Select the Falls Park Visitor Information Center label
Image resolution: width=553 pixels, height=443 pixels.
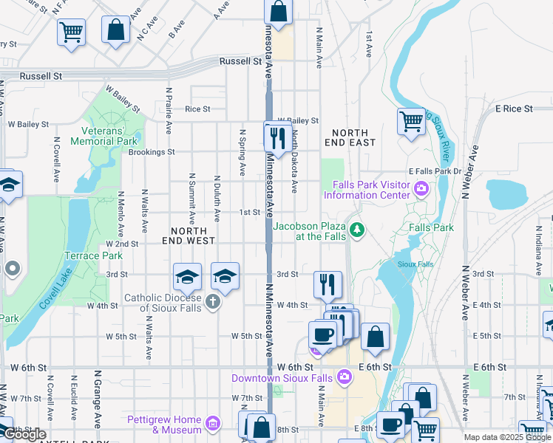366,190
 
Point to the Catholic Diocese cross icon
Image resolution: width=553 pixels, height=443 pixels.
213,301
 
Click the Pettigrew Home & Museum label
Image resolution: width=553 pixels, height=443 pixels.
164,425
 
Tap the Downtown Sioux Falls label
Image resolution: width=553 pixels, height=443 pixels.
282,378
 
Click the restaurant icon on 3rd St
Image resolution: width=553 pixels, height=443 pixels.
328,283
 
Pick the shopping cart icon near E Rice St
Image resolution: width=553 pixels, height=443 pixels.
411,121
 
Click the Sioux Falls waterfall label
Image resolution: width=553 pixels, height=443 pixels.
415,264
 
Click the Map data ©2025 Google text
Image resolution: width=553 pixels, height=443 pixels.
506,437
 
